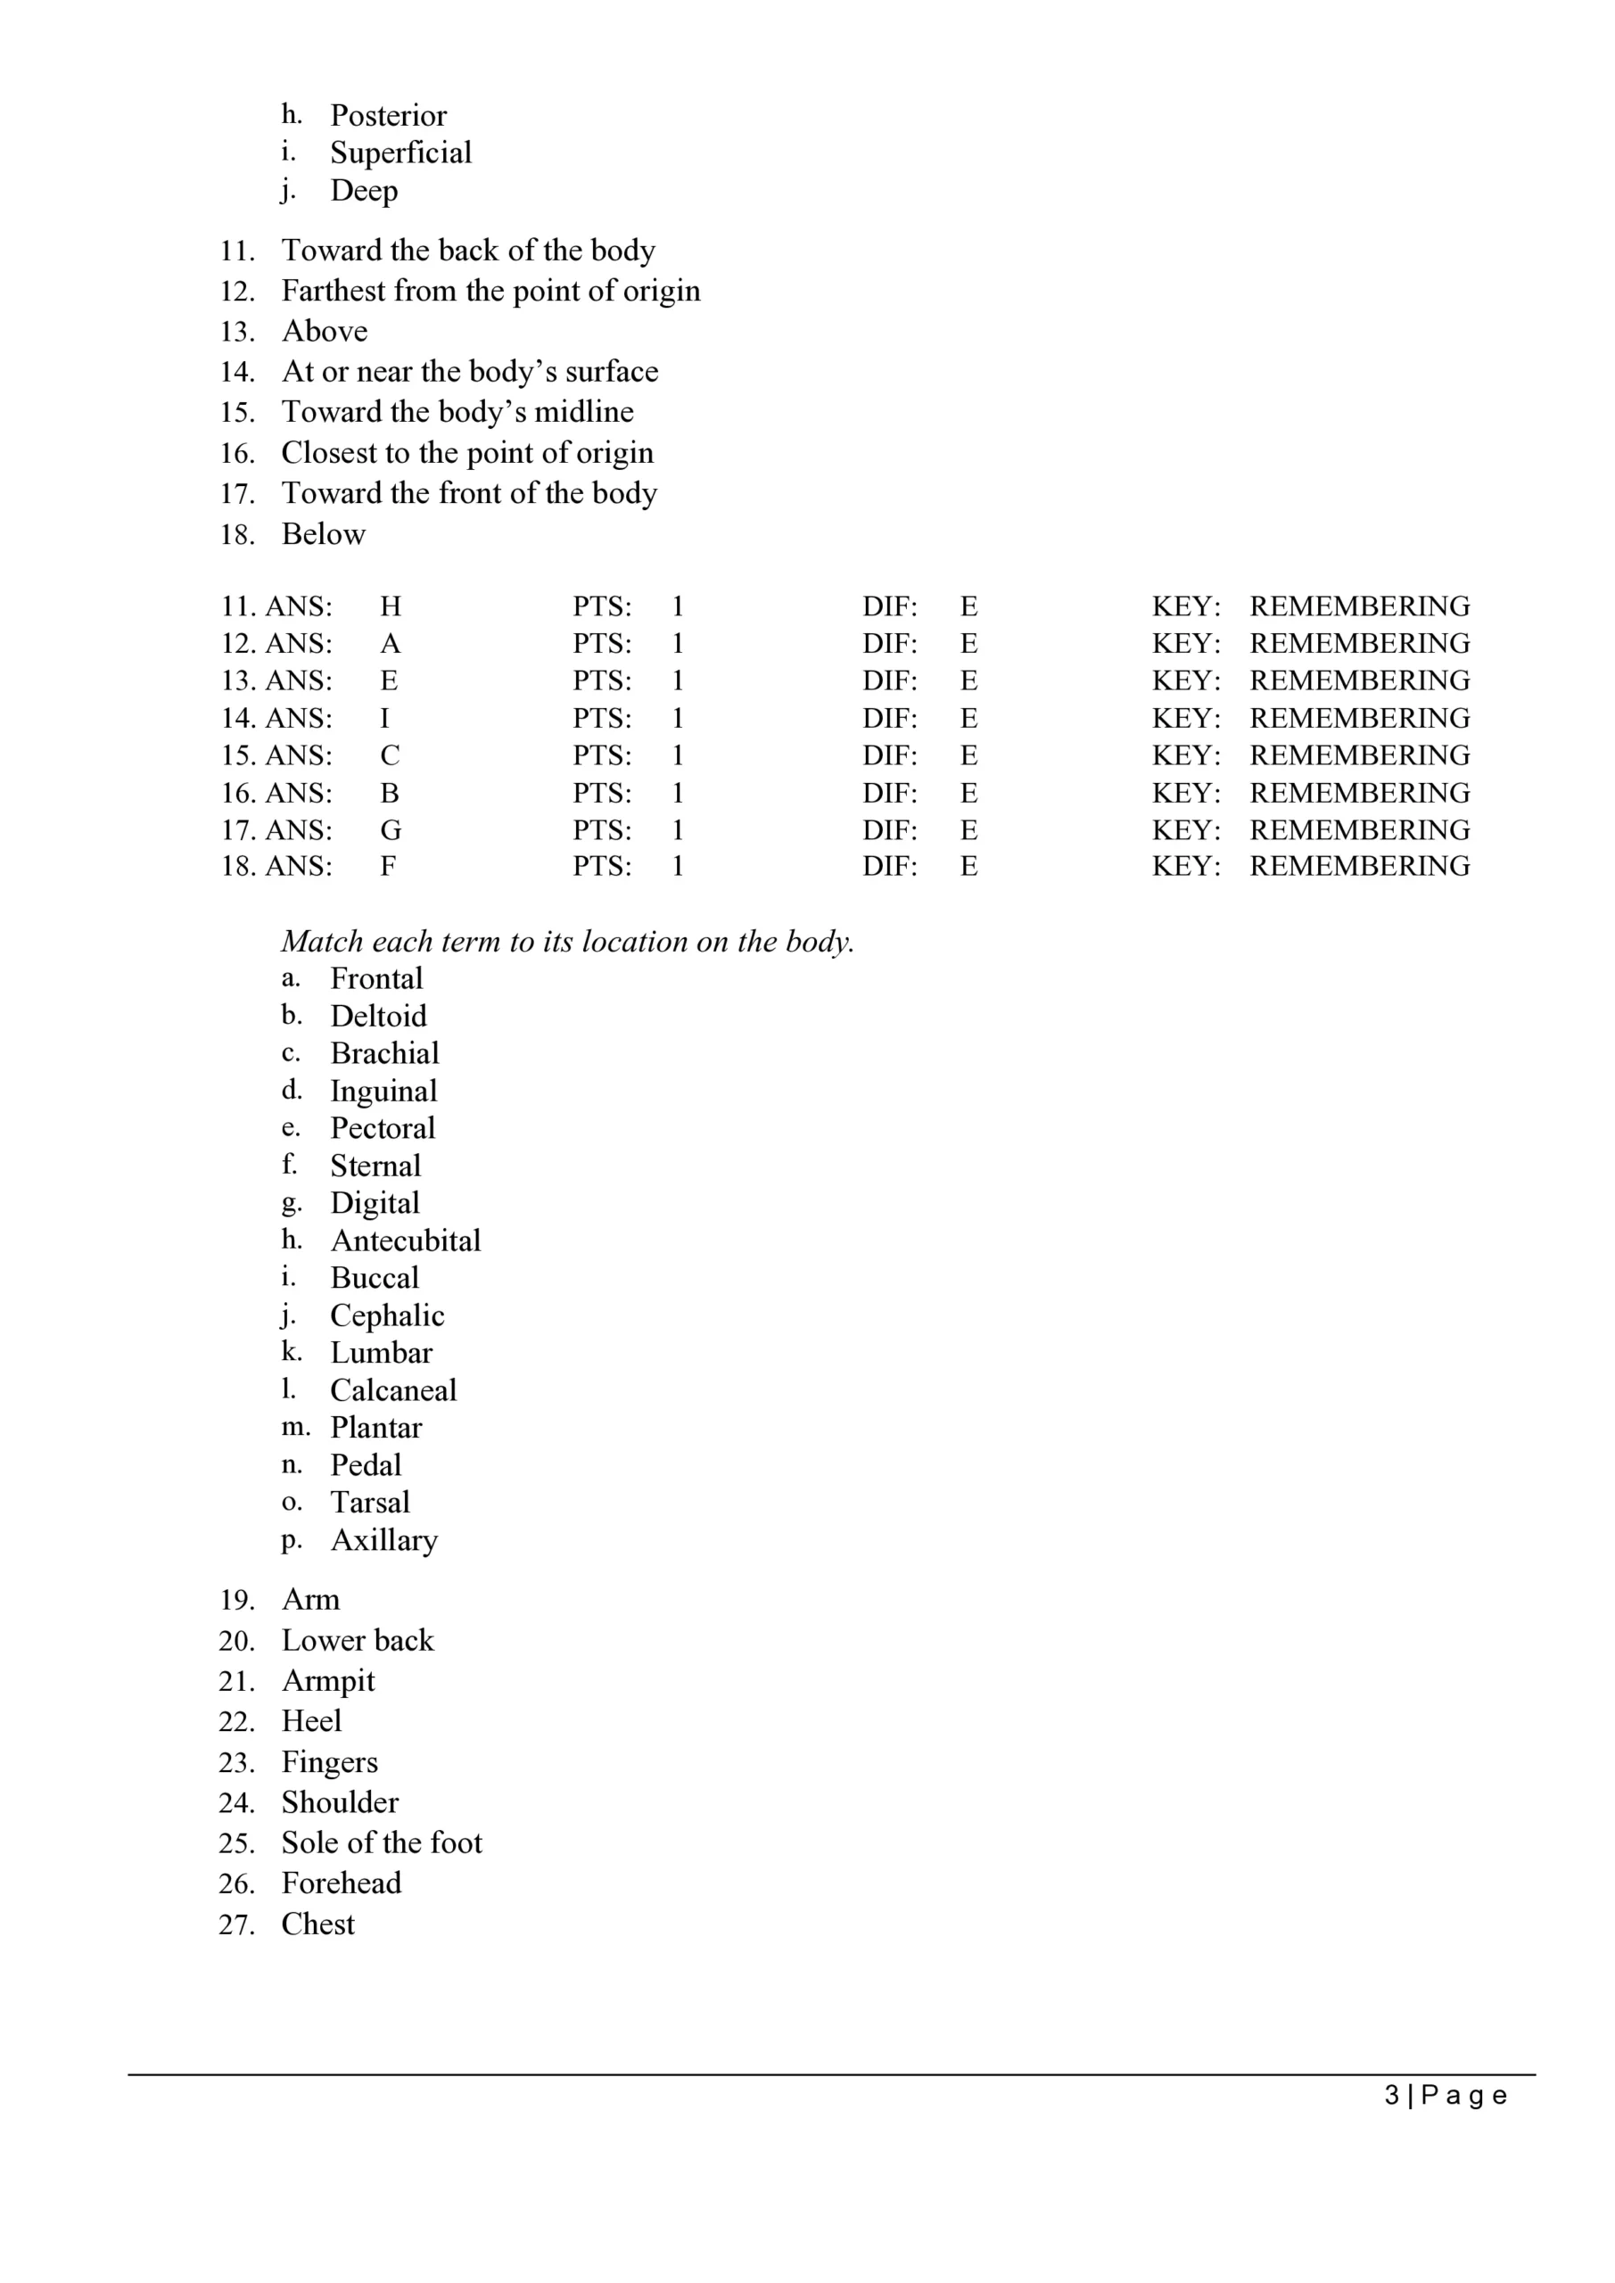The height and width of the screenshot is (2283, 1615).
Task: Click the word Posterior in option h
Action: tap(388, 115)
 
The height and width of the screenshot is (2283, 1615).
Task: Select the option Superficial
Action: tap(400, 153)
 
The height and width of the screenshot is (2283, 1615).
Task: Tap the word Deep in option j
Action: tap(364, 190)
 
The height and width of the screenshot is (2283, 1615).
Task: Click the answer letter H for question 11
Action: tap(390, 606)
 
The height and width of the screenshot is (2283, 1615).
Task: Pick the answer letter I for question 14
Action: tap(385, 718)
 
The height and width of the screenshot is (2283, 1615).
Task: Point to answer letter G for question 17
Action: tap(390, 829)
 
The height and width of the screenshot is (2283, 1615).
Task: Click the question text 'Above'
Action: tap(325, 331)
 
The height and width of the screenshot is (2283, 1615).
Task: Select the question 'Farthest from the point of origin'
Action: tap(490, 291)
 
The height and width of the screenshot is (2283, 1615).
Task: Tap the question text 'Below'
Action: tap(323, 534)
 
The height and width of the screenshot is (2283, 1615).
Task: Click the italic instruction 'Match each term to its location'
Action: tap(567, 941)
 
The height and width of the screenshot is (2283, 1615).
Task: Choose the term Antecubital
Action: tap(405, 1240)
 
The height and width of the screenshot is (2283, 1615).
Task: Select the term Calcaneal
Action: tap(392, 1389)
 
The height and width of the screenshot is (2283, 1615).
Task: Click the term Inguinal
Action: tap(383, 1091)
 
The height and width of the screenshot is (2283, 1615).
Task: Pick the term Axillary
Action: tap(383, 1539)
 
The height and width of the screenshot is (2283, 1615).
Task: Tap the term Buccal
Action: tap(374, 1278)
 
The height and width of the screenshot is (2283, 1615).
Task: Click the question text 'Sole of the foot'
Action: tap(381, 1842)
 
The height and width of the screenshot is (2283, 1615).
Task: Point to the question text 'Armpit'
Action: tap(328, 1680)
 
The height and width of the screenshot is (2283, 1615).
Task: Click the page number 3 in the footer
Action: tap(1391, 2095)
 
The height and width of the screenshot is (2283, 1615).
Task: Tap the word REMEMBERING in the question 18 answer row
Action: tap(1359, 866)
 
